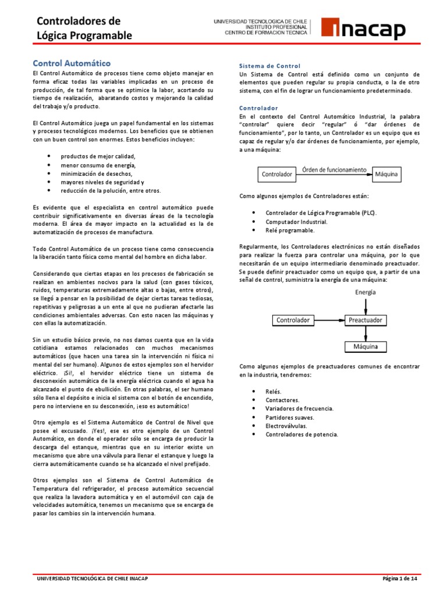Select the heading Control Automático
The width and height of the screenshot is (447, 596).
pos(71,62)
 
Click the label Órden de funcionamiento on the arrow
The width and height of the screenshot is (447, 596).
pos(334,169)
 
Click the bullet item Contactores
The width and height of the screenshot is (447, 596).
pos(282,400)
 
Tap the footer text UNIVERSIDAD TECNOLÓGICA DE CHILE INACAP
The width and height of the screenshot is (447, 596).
pos(93,579)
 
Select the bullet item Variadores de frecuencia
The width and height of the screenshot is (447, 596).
pos(299,409)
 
